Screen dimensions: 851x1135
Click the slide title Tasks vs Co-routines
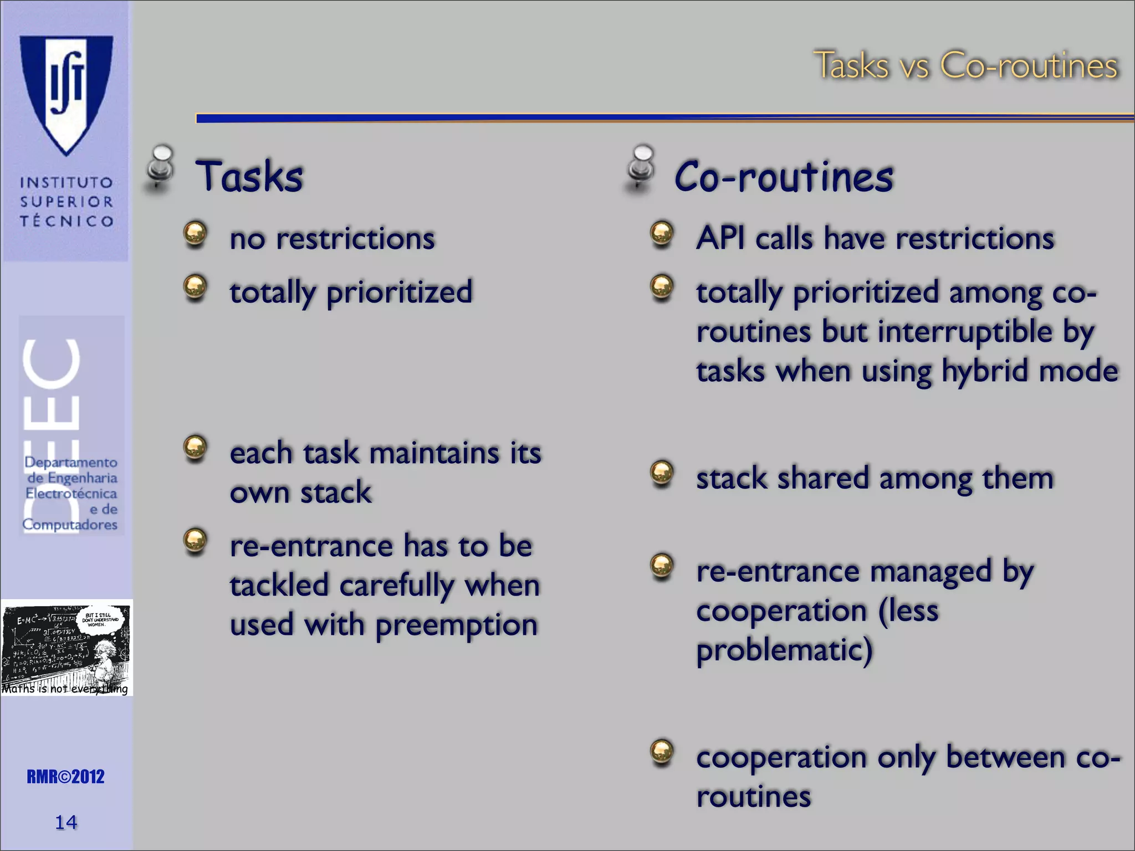click(x=965, y=65)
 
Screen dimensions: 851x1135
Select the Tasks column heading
click(x=249, y=176)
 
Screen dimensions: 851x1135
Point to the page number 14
click(x=66, y=822)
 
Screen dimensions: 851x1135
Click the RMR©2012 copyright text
click(x=65, y=777)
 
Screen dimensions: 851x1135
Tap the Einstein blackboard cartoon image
click(x=67, y=647)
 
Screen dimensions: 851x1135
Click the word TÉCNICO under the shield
click(x=67, y=221)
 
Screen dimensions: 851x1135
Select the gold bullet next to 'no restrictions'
click(x=195, y=234)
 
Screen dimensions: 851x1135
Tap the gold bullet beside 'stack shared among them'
click(x=662, y=473)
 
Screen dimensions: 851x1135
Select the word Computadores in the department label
click(x=70, y=524)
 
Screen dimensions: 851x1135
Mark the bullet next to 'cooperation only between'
click(x=662, y=752)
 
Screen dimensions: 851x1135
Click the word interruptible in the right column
click(x=965, y=332)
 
